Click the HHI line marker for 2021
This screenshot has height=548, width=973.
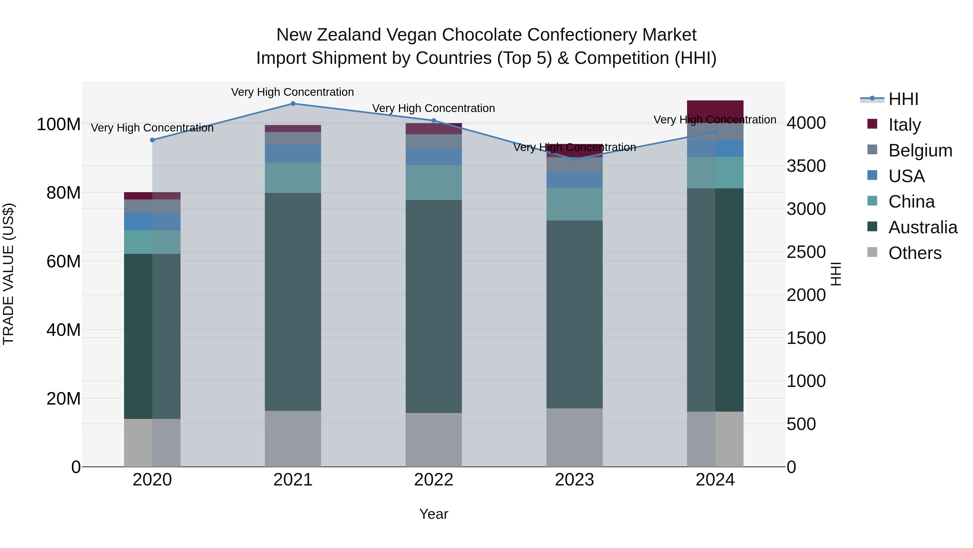293,103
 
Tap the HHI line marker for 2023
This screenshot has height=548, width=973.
575,159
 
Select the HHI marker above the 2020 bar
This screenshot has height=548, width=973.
152,140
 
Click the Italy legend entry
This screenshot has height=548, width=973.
904,125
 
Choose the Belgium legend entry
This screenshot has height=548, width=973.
920,150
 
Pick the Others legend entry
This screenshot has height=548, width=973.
914,253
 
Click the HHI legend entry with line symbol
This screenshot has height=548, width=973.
903,99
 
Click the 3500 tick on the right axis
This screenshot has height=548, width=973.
806,166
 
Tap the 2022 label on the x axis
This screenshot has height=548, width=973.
434,480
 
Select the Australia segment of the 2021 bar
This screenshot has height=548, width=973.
293,302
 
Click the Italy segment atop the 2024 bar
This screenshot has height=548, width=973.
715,111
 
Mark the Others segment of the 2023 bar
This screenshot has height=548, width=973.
575,437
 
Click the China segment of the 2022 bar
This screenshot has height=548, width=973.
434,182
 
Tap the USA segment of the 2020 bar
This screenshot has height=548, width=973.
152,221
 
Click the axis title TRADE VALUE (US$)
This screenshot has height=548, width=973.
9,274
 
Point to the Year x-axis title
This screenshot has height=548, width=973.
434,514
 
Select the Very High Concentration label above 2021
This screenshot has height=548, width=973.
292,92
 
